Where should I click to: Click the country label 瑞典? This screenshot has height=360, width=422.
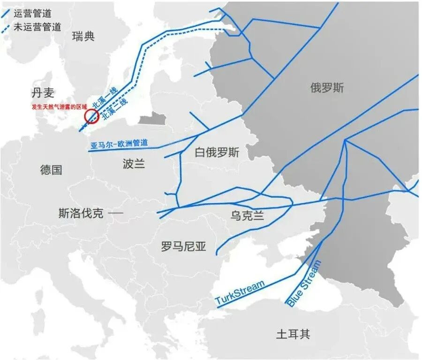(x=84, y=37)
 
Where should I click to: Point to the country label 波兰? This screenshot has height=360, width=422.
(x=134, y=163)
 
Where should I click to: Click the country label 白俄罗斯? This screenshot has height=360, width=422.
(x=217, y=153)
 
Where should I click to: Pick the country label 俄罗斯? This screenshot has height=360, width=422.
(x=327, y=87)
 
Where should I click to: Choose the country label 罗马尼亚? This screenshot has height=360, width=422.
(x=183, y=246)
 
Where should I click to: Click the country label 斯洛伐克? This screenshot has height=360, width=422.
(x=81, y=214)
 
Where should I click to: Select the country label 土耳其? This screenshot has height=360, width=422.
(x=293, y=334)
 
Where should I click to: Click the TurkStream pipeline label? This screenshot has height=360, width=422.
(x=240, y=292)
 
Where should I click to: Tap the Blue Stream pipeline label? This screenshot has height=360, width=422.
(x=304, y=283)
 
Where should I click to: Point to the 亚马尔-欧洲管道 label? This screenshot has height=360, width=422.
(x=119, y=144)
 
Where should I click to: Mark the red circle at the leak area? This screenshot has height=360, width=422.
(x=90, y=116)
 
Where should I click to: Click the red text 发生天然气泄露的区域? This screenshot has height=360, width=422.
(x=59, y=107)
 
